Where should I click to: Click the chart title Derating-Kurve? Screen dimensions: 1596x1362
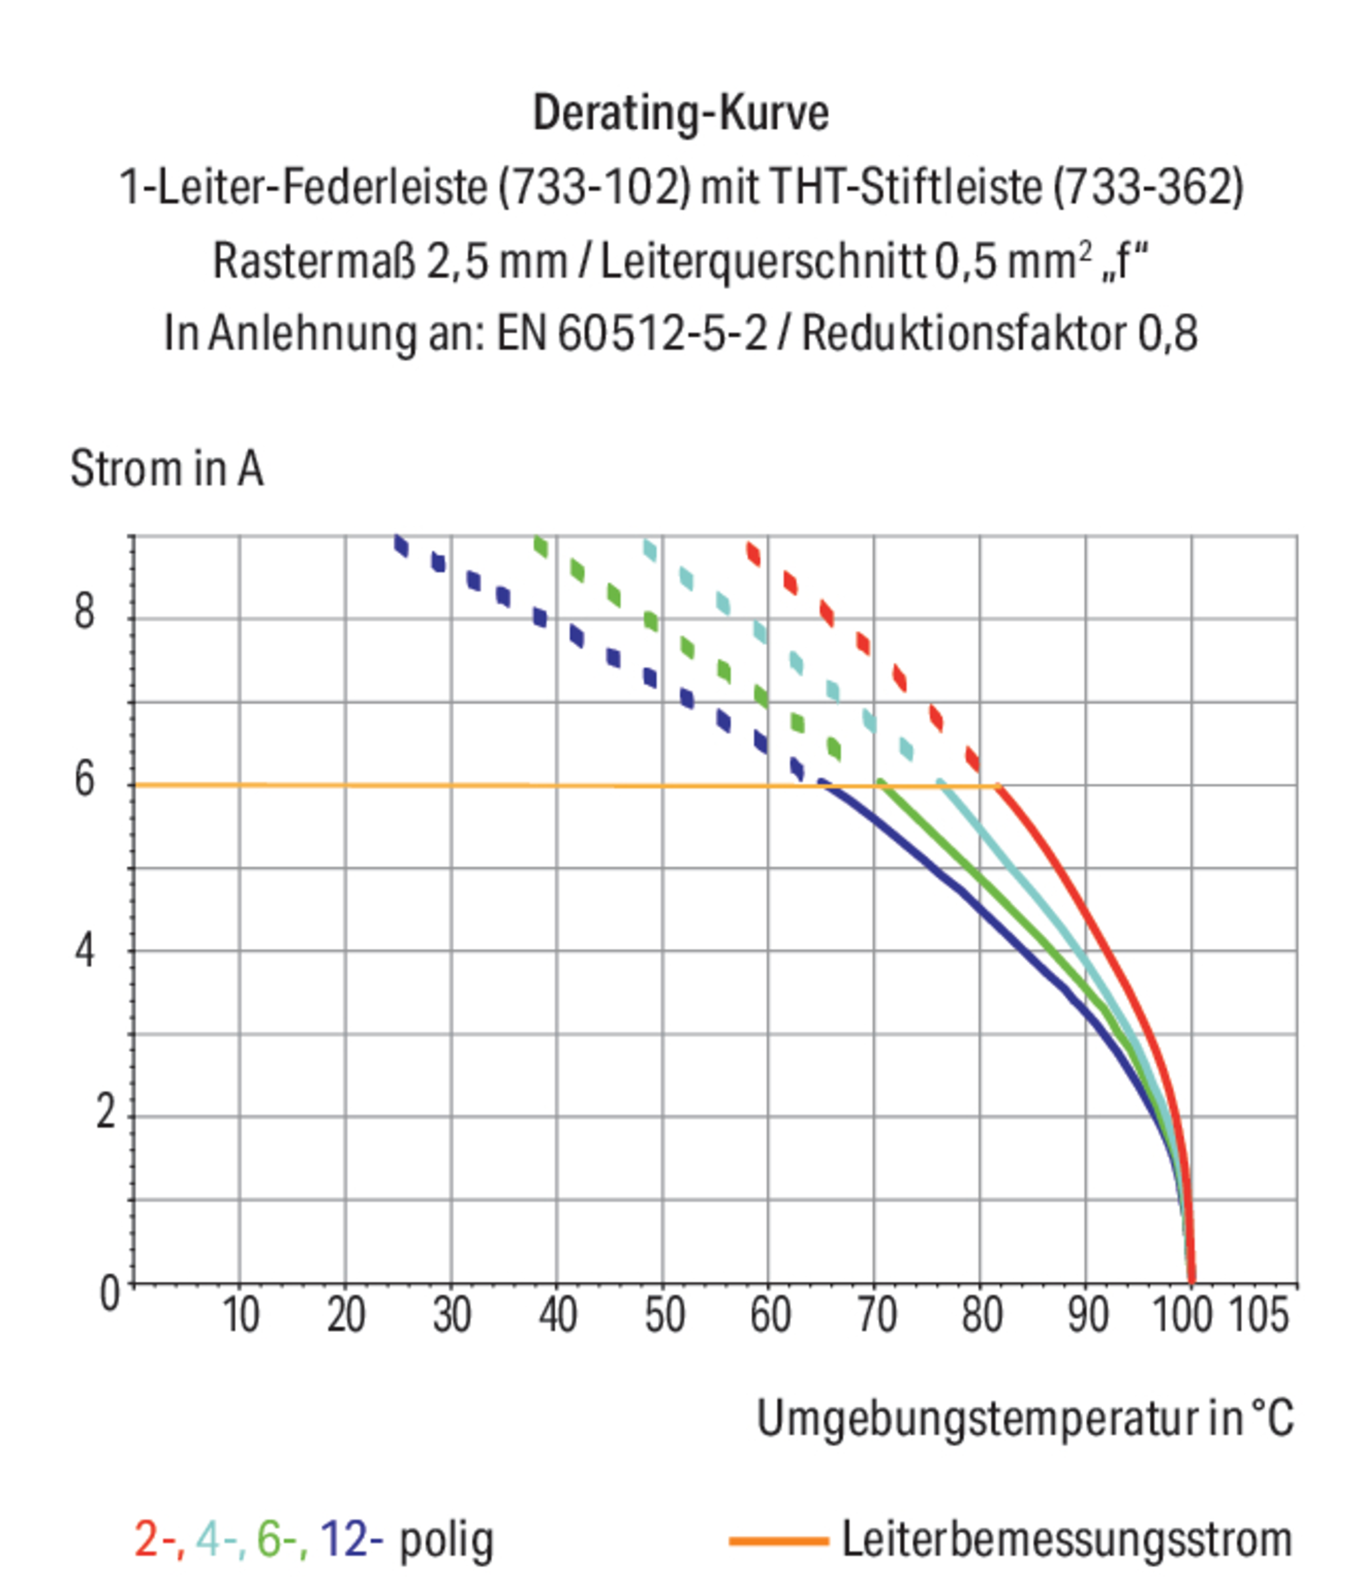[681, 113]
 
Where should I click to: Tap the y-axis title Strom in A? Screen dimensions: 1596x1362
[166, 468]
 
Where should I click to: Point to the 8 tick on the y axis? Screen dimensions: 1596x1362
[84, 612]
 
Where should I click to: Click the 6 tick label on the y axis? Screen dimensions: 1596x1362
[84, 779]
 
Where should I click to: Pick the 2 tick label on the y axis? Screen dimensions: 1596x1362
[107, 1113]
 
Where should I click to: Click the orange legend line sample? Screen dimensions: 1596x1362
[778, 1541]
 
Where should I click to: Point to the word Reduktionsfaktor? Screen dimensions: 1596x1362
[964, 334]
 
